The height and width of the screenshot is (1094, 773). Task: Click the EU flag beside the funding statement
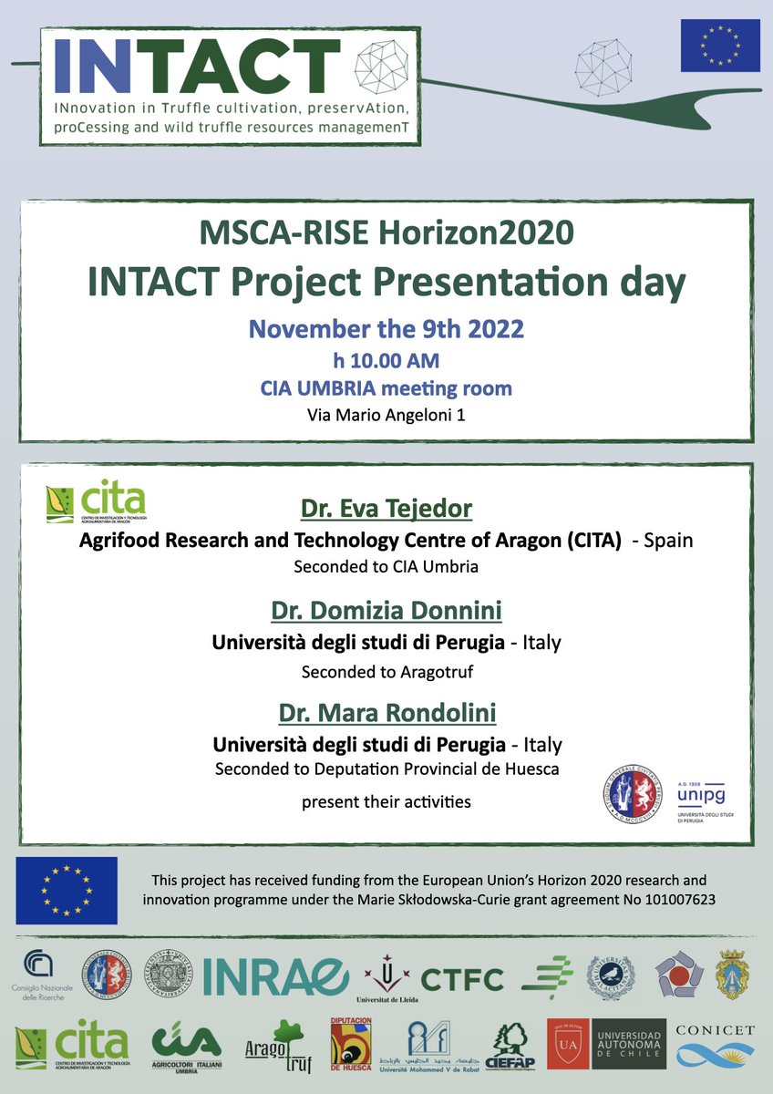click(x=67, y=891)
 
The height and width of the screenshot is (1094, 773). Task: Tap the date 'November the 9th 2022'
click(x=386, y=328)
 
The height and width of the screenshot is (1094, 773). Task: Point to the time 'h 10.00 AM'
click(x=386, y=359)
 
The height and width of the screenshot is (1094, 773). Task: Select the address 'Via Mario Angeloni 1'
click(x=386, y=417)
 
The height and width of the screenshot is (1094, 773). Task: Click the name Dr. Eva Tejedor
click(x=386, y=509)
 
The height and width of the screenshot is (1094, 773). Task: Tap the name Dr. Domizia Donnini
click(x=386, y=610)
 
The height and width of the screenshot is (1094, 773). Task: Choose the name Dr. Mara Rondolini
click(x=386, y=711)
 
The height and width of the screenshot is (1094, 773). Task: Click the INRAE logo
click(x=275, y=977)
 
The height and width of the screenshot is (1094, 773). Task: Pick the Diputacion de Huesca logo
click(x=351, y=1046)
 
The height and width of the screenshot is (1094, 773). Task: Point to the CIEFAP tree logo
click(x=509, y=1046)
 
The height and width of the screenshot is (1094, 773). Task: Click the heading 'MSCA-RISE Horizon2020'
click(x=386, y=233)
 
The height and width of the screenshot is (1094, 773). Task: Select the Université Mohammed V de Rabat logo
click(x=431, y=1046)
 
